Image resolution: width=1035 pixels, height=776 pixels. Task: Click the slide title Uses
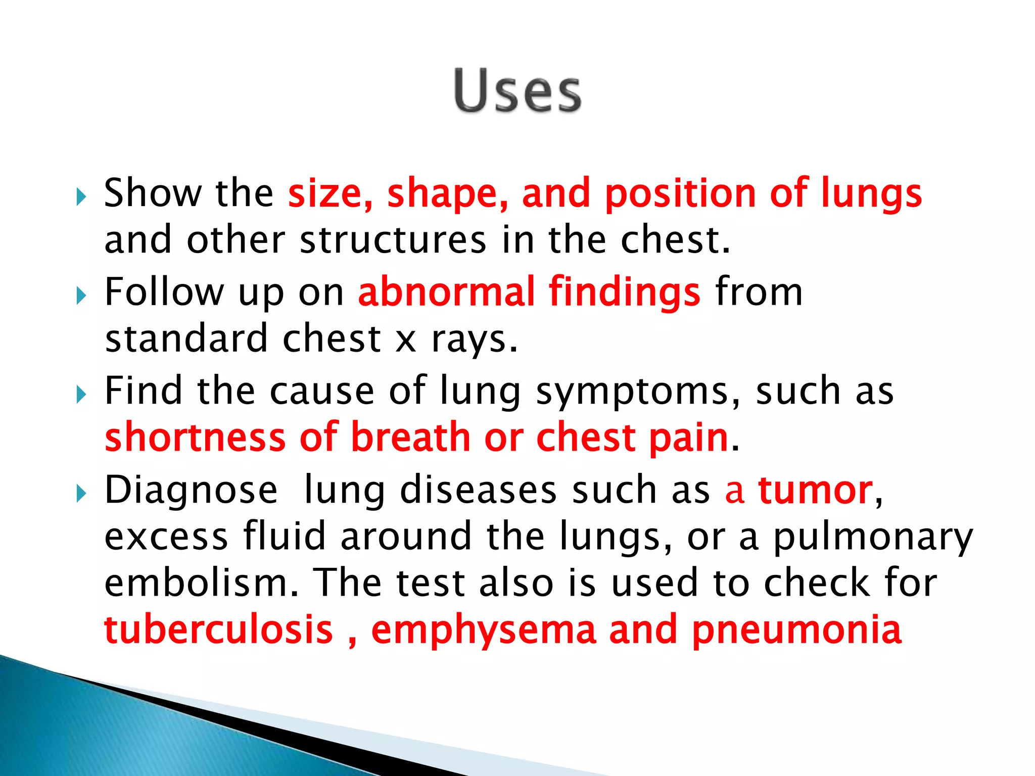(x=517, y=91)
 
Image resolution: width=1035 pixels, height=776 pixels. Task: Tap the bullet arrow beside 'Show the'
(x=81, y=197)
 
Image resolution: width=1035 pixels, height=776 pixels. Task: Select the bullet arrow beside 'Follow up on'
(x=81, y=296)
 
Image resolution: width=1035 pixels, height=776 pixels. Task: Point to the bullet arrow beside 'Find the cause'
(x=81, y=395)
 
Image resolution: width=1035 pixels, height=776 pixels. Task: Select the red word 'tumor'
(x=815, y=490)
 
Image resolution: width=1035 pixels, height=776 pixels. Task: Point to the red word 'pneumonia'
(x=796, y=630)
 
